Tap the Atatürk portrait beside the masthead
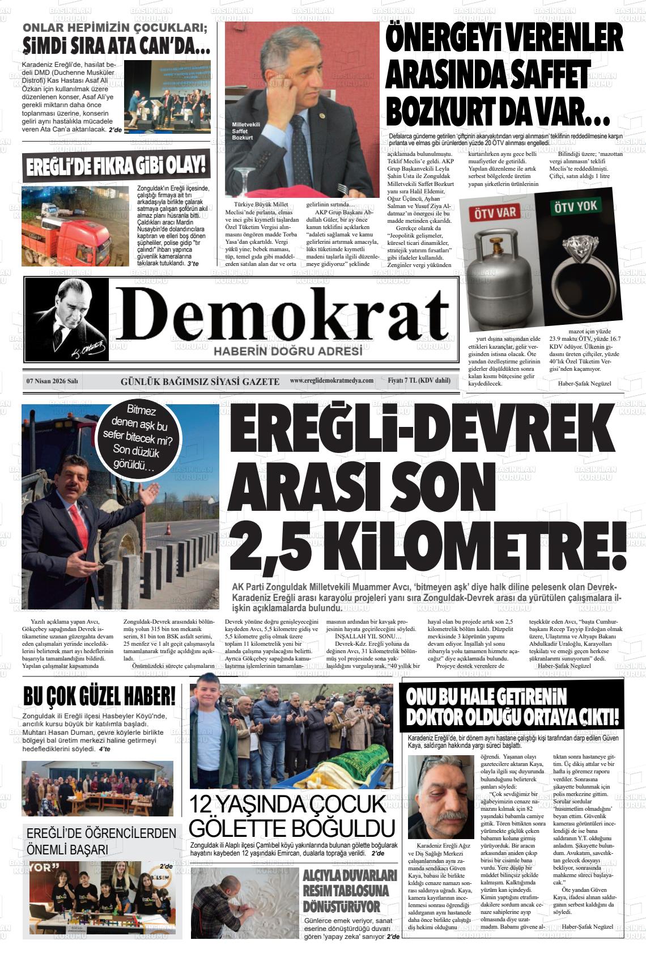(67, 319)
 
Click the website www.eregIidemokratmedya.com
(331, 380)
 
